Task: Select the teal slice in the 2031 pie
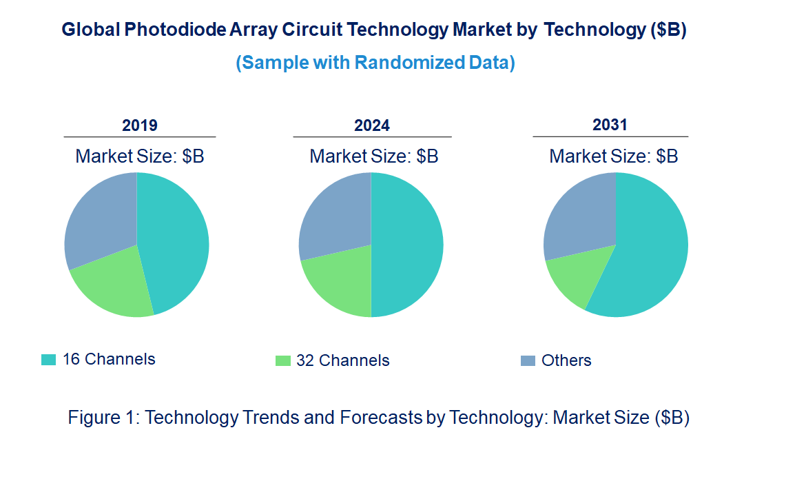(x=651, y=255)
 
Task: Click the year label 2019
(x=140, y=125)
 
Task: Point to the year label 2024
(x=372, y=125)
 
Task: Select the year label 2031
(x=610, y=125)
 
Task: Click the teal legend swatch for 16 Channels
(x=48, y=360)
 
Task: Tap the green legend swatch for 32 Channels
(x=282, y=360)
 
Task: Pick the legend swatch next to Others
(x=528, y=360)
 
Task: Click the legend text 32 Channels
(x=342, y=360)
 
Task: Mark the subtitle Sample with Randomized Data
(x=375, y=63)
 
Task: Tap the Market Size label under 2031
(x=613, y=156)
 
